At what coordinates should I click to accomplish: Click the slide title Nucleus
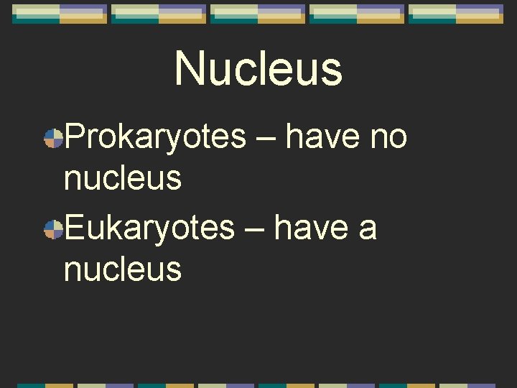point(258,69)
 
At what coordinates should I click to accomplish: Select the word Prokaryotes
point(155,137)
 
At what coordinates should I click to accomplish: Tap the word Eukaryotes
point(149,229)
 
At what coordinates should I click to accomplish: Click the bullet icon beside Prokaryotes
point(52,138)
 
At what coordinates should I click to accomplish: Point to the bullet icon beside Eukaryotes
point(52,230)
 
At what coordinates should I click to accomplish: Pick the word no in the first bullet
point(388,137)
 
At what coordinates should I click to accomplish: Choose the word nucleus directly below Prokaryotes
point(123,178)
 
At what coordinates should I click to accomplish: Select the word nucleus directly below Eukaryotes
point(123,270)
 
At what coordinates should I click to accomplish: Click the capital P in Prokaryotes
point(74,137)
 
